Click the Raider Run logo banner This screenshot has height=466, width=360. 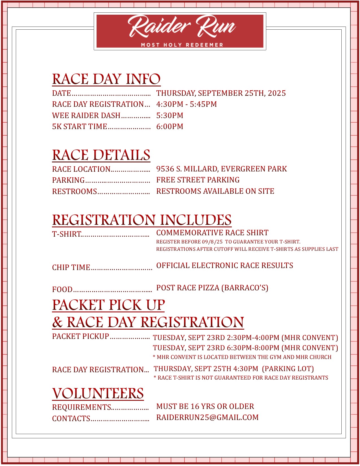180,31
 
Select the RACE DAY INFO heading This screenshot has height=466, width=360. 106,79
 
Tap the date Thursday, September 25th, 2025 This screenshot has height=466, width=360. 221,93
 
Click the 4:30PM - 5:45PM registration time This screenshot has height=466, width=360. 186,104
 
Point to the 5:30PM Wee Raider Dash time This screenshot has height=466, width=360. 170,116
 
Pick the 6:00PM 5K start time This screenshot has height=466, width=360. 170,127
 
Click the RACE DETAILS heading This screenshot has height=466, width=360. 101,155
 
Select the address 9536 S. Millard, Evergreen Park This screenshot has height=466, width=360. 221,169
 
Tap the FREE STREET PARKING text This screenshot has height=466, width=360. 198,180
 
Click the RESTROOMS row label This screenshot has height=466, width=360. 75,191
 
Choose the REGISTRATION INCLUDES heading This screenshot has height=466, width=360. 142,220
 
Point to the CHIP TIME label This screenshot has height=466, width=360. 71,267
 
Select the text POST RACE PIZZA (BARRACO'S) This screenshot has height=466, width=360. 212,288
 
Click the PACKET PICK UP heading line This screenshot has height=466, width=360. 108,305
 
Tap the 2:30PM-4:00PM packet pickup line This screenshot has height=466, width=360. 245,338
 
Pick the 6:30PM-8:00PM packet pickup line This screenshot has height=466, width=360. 245,348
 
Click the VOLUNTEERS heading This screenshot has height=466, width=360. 98,393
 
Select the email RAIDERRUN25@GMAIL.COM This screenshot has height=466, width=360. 207,417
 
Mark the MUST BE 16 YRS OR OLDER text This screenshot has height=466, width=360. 205,406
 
